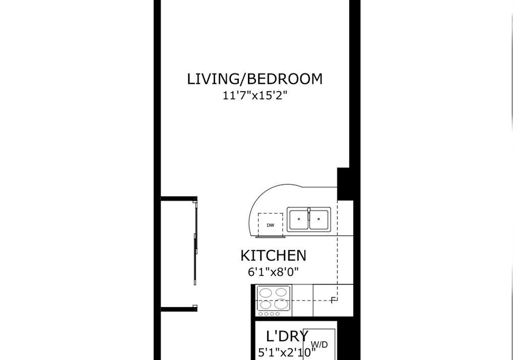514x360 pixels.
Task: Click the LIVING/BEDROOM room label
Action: click(x=255, y=79)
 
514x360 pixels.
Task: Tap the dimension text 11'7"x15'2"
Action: click(x=255, y=95)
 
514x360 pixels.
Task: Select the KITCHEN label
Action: click(x=274, y=256)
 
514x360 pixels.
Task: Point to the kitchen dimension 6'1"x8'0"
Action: click(x=274, y=272)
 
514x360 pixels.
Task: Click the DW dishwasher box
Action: click(x=270, y=225)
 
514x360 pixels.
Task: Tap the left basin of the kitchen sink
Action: click(x=299, y=219)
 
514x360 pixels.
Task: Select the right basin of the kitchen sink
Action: click(x=319, y=219)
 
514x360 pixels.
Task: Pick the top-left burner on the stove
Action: click(x=266, y=292)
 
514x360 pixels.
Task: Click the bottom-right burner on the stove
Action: click(x=281, y=304)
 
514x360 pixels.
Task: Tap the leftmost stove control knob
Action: click(x=261, y=314)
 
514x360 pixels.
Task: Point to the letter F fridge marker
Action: click(x=334, y=300)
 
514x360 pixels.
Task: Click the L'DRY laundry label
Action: click(x=287, y=336)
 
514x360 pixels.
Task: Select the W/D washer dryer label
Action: click(x=319, y=344)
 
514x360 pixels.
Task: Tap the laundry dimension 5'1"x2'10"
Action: click(x=287, y=352)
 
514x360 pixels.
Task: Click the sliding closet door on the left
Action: click(x=195, y=243)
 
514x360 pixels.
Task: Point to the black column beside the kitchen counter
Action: click(x=345, y=184)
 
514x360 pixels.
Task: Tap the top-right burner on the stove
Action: click(x=281, y=292)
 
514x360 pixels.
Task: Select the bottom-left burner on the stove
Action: click(x=266, y=305)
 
